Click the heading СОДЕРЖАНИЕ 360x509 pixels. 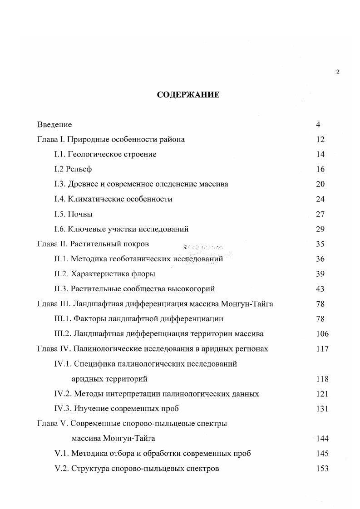point(188,95)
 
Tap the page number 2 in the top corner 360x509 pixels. point(337,72)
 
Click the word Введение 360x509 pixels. point(54,125)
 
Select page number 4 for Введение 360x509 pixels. point(318,125)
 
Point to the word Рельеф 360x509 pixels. point(80,169)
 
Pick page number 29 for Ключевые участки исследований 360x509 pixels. point(321,229)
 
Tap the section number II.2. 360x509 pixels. point(61,274)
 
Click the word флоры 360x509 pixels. point(144,274)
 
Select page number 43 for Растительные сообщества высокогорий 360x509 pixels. point(321,289)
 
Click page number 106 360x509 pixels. point(322,334)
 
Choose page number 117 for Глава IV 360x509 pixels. point(322,349)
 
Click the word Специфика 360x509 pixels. point(94,364)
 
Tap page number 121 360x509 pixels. point(322,394)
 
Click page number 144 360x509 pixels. point(322,439)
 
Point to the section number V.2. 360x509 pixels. point(61,468)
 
